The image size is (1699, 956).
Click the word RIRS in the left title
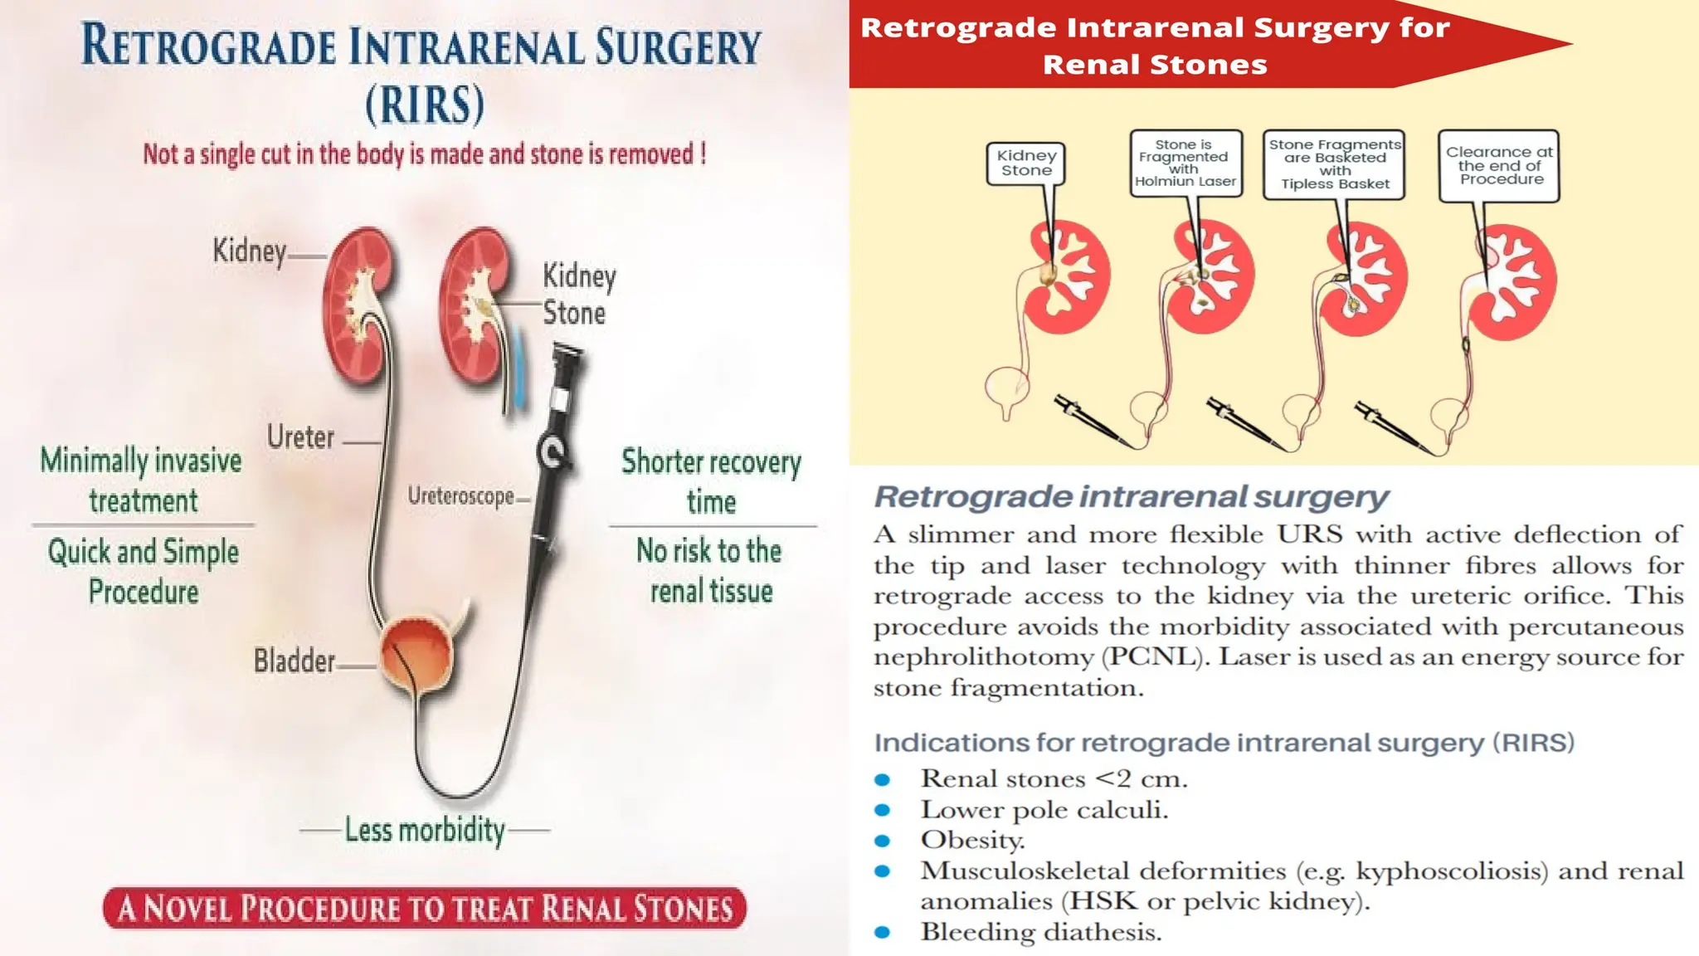(x=425, y=105)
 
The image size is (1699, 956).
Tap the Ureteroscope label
(x=461, y=496)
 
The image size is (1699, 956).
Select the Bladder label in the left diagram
(x=295, y=661)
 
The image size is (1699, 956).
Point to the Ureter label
(x=300, y=437)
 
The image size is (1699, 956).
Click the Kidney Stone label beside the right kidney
(x=579, y=295)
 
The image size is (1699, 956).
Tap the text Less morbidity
(x=425, y=829)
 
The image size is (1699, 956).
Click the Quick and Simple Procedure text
(x=144, y=572)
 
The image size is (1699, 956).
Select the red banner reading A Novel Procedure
(x=425, y=908)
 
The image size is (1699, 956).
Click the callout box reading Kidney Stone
(x=1026, y=163)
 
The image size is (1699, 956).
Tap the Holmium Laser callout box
(x=1185, y=163)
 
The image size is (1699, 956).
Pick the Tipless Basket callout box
(x=1334, y=163)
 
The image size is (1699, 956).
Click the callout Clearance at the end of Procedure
(x=1499, y=165)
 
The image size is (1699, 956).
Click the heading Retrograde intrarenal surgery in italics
(x=1131, y=496)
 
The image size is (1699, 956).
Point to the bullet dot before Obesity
(x=883, y=841)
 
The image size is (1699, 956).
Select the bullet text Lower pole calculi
(x=1044, y=810)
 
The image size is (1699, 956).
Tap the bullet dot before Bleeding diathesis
(x=883, y=933)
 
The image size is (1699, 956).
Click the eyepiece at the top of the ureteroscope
(x=568, y=355)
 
